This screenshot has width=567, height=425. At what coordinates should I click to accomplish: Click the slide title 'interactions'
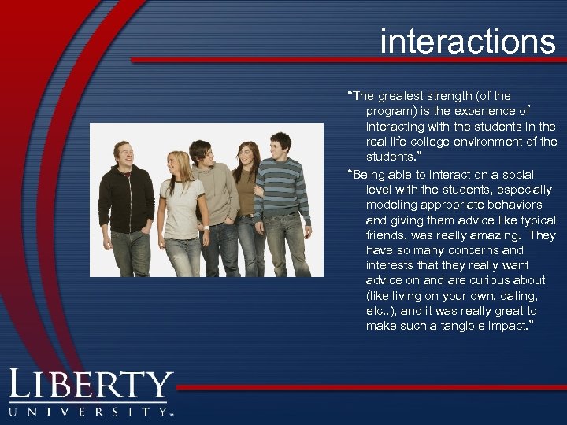click(x=467, y=41)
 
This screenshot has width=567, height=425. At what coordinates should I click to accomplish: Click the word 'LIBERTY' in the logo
click(x=91, y=386)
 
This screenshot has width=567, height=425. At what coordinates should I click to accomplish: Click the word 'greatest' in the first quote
click(x=402, y=96)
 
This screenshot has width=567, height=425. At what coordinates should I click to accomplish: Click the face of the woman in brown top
click(x=247, y=155)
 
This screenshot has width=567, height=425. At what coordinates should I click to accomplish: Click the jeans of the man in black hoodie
click(x=130, y=252)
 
